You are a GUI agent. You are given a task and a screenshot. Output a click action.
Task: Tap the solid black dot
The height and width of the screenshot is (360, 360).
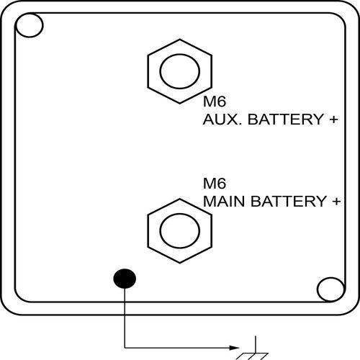pos(125,279)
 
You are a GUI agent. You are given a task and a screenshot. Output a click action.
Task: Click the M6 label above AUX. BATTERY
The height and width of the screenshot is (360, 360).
pos(215,102)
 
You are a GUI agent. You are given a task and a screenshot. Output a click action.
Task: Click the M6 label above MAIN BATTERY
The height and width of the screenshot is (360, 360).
pos(215,184)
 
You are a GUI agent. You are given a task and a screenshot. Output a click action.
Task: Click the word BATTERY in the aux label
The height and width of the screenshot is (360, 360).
pos(286,120)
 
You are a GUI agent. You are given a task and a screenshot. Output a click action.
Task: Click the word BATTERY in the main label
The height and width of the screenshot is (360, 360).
pos(288,201)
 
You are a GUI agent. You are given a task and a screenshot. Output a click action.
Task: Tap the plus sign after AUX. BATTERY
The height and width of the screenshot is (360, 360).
pos(334,120)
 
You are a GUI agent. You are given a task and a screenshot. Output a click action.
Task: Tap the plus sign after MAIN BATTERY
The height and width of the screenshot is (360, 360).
pos(336,201)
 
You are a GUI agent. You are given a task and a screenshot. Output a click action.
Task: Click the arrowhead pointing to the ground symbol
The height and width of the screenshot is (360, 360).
pos(235,348)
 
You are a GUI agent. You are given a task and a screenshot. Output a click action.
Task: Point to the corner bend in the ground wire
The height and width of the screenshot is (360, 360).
pos(125,348)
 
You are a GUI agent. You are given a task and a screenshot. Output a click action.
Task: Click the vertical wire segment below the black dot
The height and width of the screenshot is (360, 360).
pos(125,318)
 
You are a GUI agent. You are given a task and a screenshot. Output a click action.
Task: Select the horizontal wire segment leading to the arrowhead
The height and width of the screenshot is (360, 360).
pos(177,348)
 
